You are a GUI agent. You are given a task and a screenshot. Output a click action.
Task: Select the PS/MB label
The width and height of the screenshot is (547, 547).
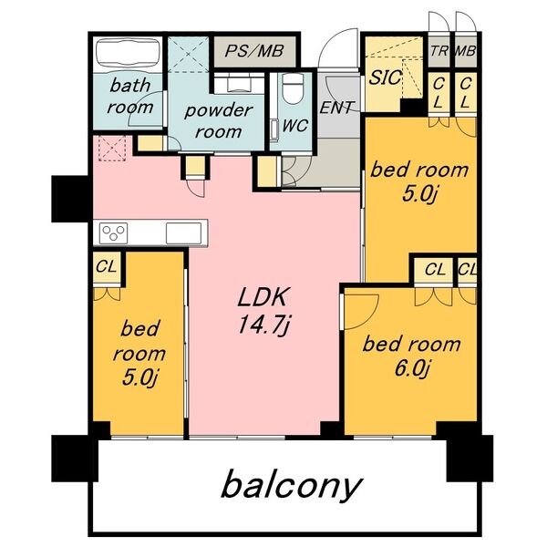[254, 51]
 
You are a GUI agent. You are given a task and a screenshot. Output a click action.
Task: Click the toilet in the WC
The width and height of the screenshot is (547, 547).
[293, 88]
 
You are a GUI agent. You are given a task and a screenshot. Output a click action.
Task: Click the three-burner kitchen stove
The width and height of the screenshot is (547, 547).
[113, 232]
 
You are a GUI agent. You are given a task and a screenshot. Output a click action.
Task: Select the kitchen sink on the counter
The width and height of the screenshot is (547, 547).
[184, 233]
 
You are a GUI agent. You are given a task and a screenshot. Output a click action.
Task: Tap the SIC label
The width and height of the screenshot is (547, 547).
[385, 77]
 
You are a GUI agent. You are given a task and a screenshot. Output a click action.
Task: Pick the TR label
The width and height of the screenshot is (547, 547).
[439, 51]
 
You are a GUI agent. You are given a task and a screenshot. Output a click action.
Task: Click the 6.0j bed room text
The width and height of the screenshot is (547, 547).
[412, 356]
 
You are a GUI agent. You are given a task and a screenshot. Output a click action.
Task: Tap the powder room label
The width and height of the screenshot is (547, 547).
[218, 121]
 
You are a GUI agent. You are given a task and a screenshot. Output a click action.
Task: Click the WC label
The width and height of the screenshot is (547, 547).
[294, 126]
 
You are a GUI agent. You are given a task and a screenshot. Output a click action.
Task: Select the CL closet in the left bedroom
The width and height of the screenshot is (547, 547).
[106, 268]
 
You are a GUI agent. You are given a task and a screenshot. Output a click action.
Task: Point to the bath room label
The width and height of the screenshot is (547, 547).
[129, 97]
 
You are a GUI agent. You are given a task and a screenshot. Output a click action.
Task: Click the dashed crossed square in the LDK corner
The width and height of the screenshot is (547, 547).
[112, 149]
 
